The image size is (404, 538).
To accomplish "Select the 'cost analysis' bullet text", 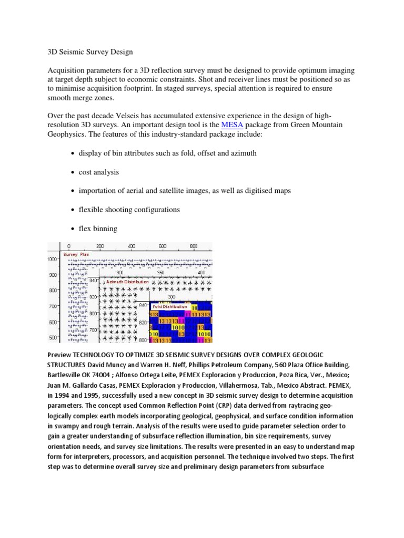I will pos(99,172).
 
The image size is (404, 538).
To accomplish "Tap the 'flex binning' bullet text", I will pos(98,229).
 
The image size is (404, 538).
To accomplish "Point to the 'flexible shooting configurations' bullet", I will pos(129,210).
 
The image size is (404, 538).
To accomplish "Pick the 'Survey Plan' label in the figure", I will pos(76,254).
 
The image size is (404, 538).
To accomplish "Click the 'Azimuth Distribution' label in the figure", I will pos(127,282).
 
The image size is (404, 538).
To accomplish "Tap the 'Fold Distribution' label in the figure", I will pos(170,306).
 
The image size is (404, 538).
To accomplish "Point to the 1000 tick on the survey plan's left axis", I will pos(53,260).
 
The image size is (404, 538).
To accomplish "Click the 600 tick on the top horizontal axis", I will pos(163,246).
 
